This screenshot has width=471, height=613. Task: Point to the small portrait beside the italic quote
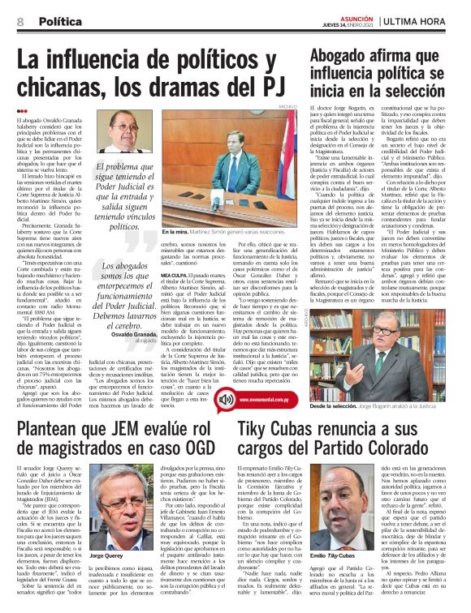click(x=119, y=131)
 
